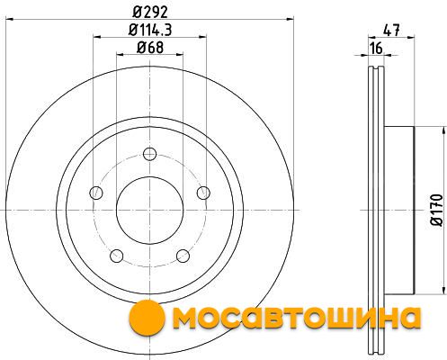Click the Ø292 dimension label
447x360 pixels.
150,13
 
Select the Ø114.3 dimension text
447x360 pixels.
150,30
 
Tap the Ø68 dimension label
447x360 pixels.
150,48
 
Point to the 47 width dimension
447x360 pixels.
391,31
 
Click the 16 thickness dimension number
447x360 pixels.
376,48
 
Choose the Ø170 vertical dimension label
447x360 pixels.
436,210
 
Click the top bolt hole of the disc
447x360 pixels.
149,154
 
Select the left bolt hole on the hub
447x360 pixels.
96,193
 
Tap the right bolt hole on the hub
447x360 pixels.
203,193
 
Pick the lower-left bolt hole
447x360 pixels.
117,256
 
